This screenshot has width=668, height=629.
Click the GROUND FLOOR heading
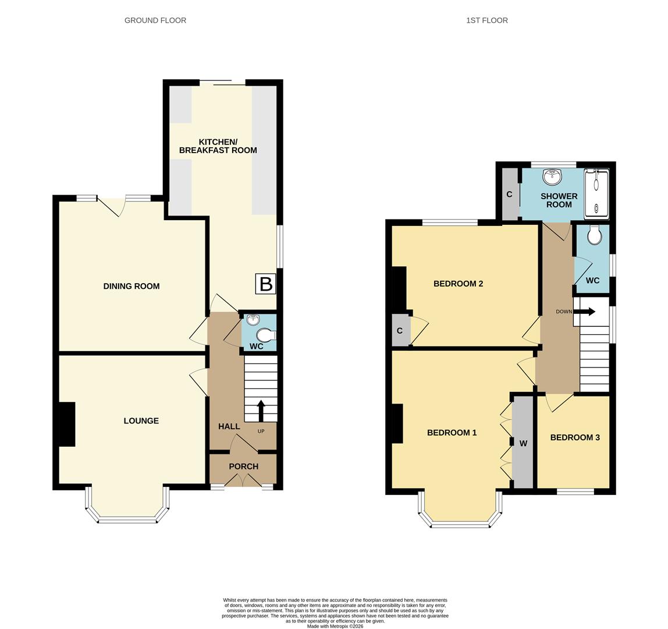(155, 20)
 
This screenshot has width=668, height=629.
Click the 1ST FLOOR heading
(486, 20)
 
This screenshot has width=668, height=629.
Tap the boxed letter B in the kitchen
(265, 284)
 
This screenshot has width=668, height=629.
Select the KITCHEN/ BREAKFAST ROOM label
(218, 146)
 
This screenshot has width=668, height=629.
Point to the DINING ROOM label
(131, 286)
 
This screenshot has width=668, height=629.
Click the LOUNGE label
(141, 420)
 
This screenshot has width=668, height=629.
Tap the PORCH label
(243, 466)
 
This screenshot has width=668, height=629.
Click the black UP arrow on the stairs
(260, 410)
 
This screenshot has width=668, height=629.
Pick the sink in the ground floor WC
(253, 319)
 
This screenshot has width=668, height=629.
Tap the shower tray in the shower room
(596, 193)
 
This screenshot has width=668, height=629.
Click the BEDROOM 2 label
(458, 284)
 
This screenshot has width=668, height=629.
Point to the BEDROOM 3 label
(574, 437)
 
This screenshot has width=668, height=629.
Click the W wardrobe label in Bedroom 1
(523, 444)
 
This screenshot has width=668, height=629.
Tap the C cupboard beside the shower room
(509, 195)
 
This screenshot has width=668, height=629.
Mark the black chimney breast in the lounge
(67, 424)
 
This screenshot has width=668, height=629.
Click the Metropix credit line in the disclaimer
(335, 626)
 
